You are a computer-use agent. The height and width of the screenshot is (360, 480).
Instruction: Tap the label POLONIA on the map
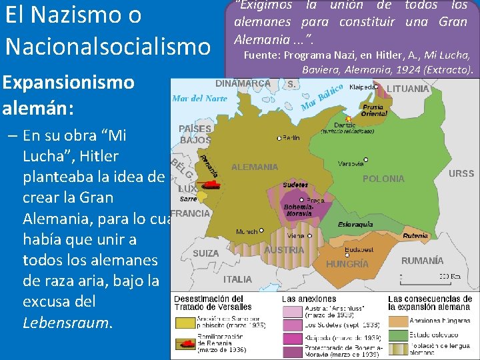click(383, 179)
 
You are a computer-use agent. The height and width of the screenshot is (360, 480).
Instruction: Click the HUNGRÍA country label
click(347, 264)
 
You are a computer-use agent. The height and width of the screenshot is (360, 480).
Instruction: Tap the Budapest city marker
click(347, 254)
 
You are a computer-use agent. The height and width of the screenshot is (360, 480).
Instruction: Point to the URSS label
click(461, 173)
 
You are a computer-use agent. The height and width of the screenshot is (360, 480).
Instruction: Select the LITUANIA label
click(408, 89)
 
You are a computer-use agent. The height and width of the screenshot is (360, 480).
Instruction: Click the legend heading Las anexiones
click(309, 299)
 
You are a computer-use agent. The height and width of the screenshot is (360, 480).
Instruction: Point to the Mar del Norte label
click(200, 98)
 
